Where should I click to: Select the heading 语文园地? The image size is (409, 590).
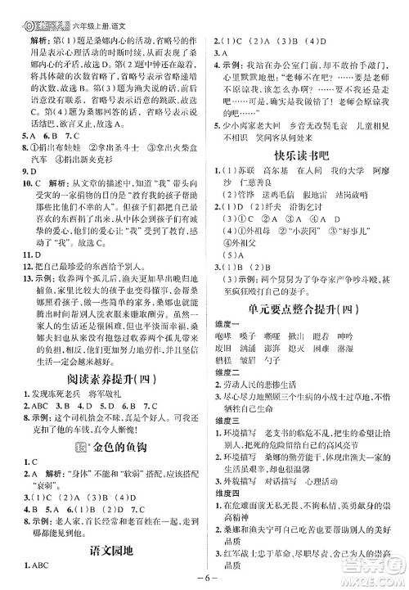pyautogui.click(x=102, y=551)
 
